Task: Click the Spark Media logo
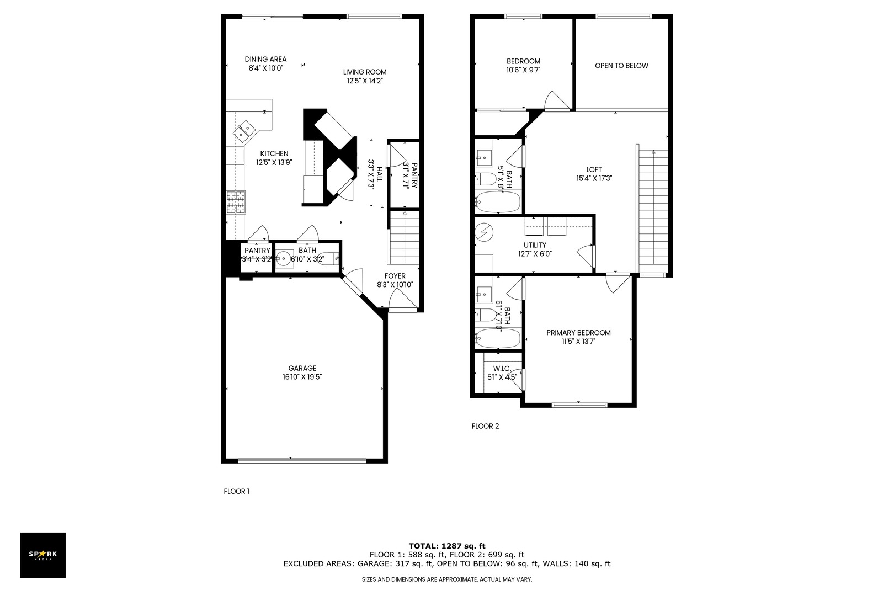(42, 555)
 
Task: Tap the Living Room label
(365, 72)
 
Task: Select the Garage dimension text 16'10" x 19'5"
(302, 377)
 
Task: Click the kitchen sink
(244, 131)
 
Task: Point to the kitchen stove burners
(236, 203)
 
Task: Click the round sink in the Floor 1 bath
(284, 258)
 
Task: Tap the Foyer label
(395, 276)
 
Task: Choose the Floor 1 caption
(236, 491)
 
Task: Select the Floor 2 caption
(485, 426)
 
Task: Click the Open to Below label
(621, 66)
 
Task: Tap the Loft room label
(594, 169)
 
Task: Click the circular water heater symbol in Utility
(484, 232)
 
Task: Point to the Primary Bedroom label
(578, 333)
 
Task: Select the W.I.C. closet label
(502, 369)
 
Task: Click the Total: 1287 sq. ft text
(447, 546)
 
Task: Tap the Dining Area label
(265, 59)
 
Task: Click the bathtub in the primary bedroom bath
(498, 338)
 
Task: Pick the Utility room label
(535, 245)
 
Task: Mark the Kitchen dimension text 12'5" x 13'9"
(274, 162)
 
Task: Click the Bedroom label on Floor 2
(523, 61)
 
